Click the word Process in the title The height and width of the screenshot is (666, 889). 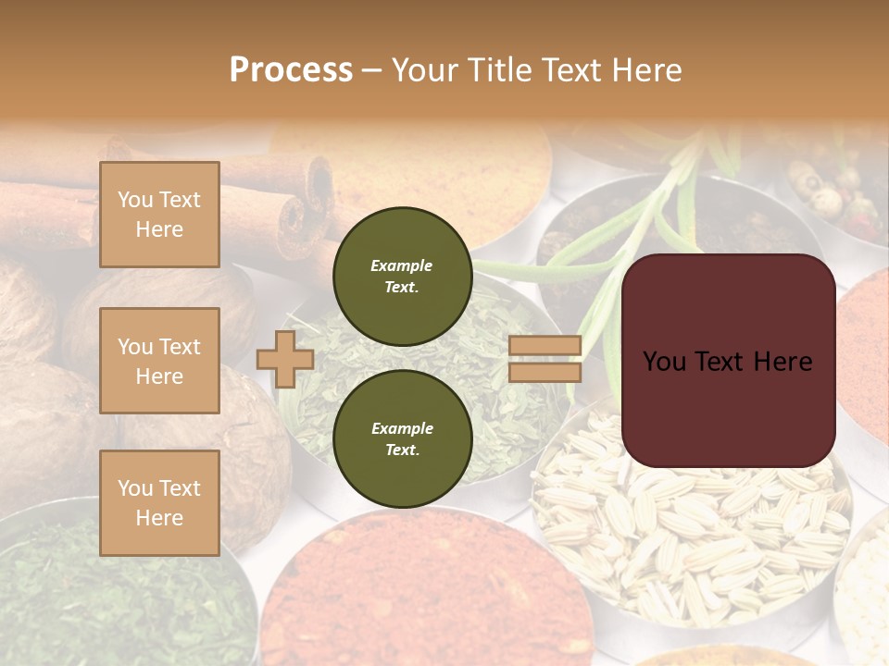(291, 69)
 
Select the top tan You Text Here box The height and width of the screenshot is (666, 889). (159, 215)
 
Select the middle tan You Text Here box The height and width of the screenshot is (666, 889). (159, 361)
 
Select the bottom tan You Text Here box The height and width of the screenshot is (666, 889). (159, 502)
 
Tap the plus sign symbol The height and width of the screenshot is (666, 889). (285, 359)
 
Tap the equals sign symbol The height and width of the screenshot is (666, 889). (545, 359)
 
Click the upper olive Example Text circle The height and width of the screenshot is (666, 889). (403, 277)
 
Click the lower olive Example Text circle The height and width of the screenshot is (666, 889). (403, 439)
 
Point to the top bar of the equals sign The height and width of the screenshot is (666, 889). (545, 346)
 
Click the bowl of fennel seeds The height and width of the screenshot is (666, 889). (685, 536)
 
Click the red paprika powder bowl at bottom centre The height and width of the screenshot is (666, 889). (417, 592)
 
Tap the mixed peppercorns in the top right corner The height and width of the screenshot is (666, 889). (833, 190)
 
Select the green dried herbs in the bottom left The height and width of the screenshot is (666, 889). (111, 601)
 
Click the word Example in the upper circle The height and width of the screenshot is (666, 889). (402, 265)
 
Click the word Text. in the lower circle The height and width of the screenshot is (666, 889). (402, 450)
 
